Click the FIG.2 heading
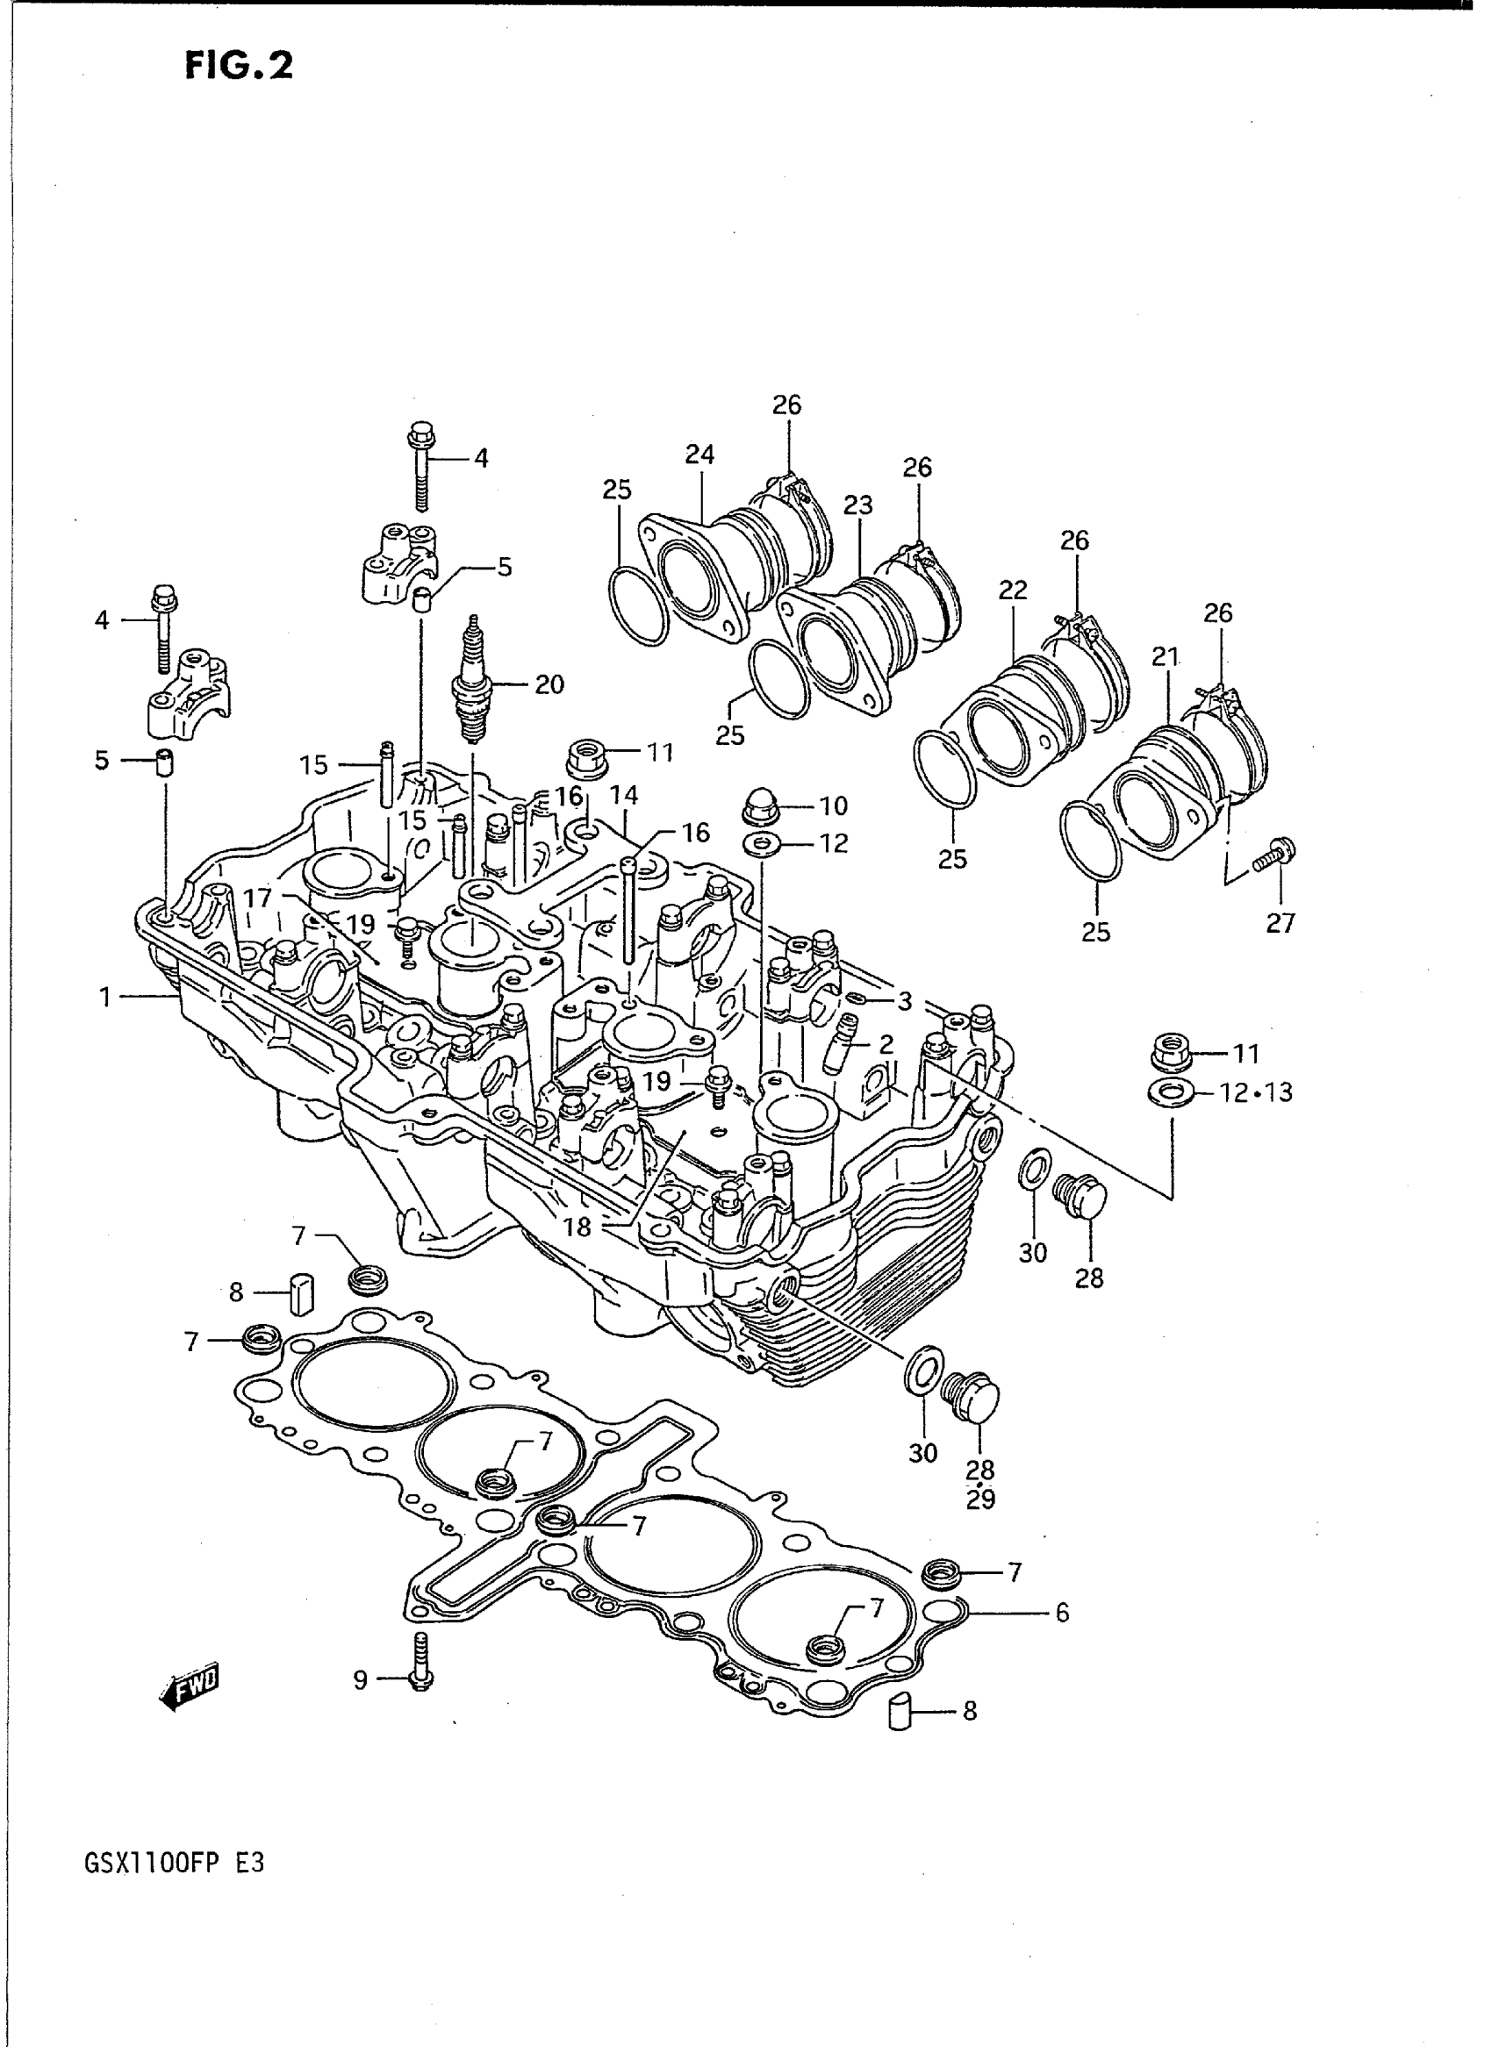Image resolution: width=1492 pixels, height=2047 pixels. tap(239, 66)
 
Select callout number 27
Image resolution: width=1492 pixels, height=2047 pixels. tap(1280, 923)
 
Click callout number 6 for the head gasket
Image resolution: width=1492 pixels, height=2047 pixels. tap(1061, 1612)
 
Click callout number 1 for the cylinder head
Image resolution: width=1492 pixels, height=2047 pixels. tap(105, 997)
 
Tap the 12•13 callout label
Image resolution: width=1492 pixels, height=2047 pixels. tap(1255, 1092)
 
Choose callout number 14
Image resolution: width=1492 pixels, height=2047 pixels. tap(623, 795)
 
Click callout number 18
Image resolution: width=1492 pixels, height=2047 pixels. tap(577, 1227)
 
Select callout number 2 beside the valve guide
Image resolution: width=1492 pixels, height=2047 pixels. tap(886, 1045)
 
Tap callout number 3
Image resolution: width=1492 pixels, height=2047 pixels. tap(904, 1000)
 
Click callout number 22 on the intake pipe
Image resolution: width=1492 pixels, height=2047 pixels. tap(1013, 590)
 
